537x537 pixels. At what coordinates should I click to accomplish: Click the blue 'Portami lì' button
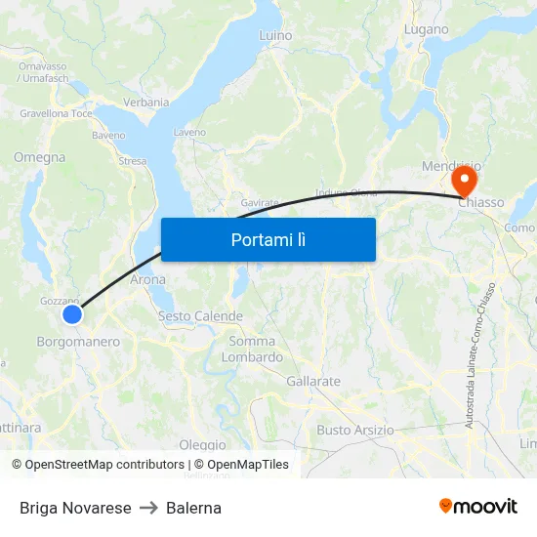[268, 239]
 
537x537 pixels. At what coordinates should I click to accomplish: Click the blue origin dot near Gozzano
[72, 313]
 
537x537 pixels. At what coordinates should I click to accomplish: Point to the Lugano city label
[426, 30]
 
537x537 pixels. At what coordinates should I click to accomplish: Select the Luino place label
[275, 36]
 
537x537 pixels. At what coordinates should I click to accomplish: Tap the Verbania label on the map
[146, 103]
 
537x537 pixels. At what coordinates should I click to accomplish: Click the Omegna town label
[40, 157]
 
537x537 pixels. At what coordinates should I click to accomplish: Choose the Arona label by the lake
[147, 279]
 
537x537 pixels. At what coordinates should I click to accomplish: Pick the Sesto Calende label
[200, 316]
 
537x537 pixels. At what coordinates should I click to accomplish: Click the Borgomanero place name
[78, 342]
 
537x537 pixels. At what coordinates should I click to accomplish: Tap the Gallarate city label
[313, 381]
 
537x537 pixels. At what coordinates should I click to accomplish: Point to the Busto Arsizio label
[355, 430]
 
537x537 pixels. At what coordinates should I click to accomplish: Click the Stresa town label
[132, 161]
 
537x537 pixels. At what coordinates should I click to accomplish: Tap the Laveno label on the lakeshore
[189, 132]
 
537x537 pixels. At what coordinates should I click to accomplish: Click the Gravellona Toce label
[56, 113]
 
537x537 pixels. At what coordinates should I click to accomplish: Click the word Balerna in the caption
[193, 508]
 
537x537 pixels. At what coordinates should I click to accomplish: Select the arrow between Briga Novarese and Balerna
[148, 508]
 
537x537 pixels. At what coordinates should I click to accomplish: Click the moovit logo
[477, 506]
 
